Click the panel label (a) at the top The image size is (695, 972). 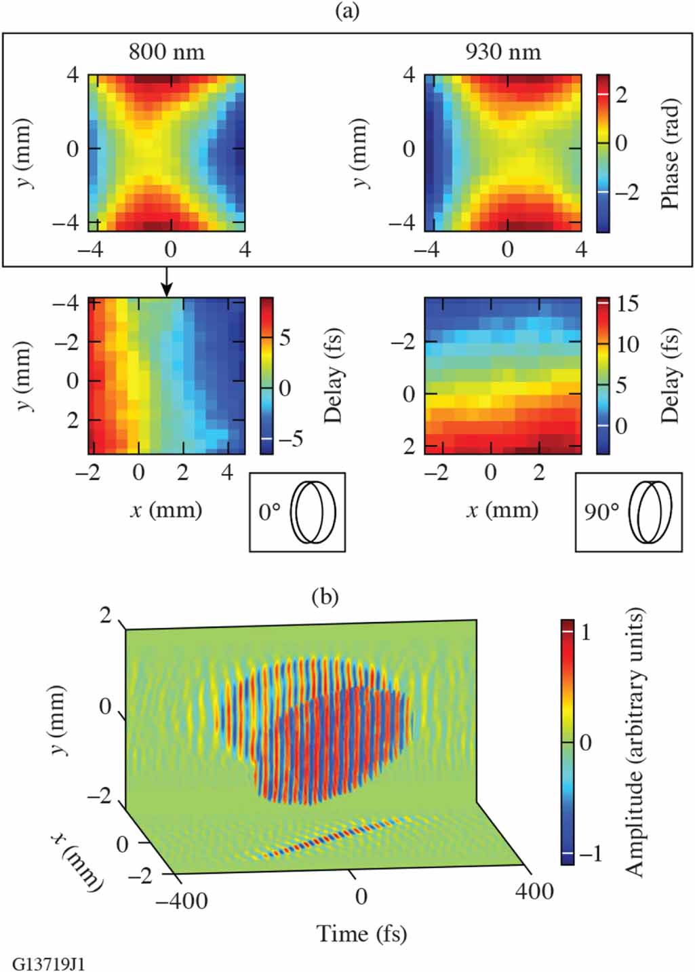point(347,12)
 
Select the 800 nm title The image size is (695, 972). point(166,52)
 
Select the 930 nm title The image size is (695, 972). point(502,52)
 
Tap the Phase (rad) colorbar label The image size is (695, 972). point(669,154)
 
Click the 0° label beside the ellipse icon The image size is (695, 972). point(269,512)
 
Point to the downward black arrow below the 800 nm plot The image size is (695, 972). point(167,281)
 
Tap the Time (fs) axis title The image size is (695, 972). point(361,934)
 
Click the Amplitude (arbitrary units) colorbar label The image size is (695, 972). point(633,742)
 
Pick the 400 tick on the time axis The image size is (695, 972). point(534,891)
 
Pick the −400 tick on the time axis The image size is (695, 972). point(181,901)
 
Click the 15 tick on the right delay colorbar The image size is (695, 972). point(628,304)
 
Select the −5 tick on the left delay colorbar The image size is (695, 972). point(290,439)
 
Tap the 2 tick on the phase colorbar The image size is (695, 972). point(621,94)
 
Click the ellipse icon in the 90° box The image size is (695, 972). point(651,512)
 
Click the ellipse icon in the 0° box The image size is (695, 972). point(313,512)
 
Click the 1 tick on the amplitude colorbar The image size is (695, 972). point(586,632)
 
